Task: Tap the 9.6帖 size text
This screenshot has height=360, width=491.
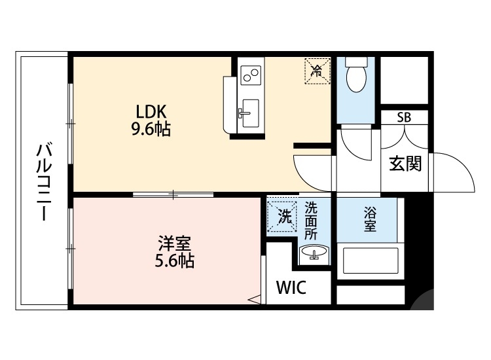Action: click(x=151, y=129)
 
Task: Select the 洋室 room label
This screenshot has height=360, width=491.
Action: click(x=174, y=243)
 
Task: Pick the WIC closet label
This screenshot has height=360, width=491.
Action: click(x=291, y=287)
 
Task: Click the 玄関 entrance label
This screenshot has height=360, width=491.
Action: click(x=405, y=164)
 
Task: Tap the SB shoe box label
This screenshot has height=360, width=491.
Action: click(x=405, y=118)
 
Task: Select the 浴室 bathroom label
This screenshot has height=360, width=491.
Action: click(x=370, y=219)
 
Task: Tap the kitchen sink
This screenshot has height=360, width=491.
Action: click(x=249, y=115)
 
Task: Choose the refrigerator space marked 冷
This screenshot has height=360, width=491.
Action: click(x=316, y=70)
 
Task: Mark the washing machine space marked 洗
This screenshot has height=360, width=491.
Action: click(x=283, y=215)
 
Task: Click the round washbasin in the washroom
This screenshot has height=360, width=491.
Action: click(x=312, y=253)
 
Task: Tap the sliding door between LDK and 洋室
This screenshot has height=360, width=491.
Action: click(x=173, y=194)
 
